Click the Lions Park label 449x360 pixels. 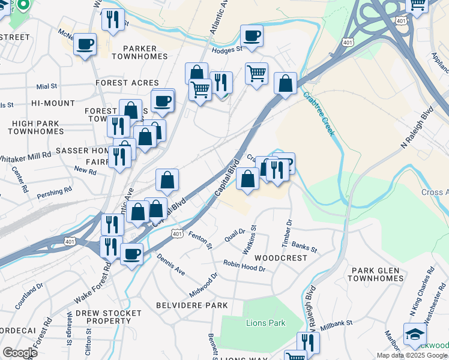[265, 323]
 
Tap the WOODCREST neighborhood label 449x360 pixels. [281, 257]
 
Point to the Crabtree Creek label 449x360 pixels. [318, 114]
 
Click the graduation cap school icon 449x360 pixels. [415, 334]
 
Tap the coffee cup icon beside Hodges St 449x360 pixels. [252, 35]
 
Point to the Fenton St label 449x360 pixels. [201, 239]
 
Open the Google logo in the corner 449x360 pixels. [20, 352]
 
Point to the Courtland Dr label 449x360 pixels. [29, 295]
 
